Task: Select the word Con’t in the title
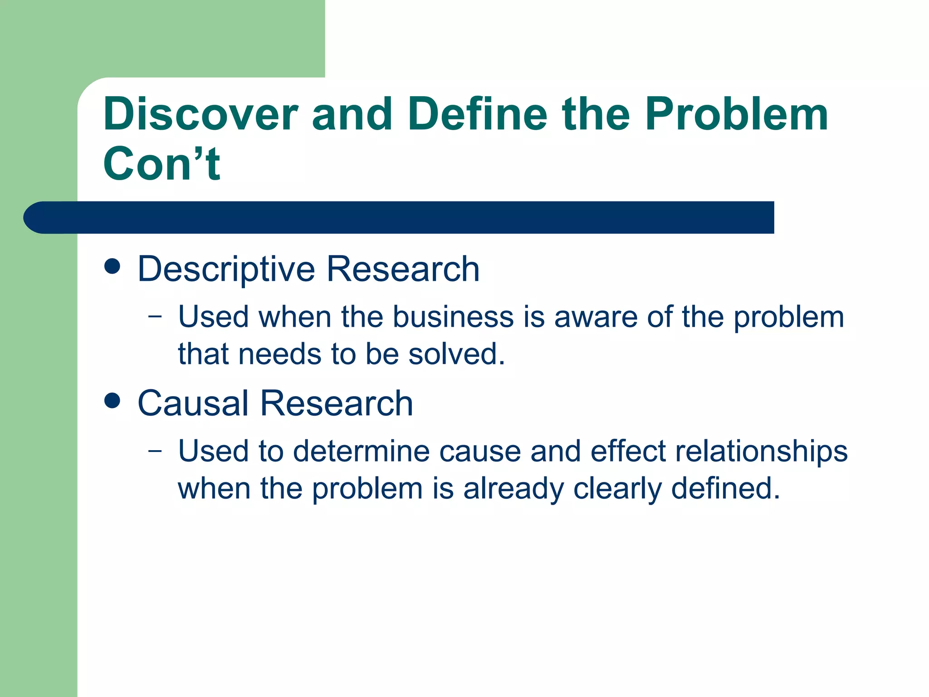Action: click(x=161, y=164)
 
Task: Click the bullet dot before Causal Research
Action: click(x=112, y=401)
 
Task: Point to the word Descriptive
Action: click(x=226, y=270)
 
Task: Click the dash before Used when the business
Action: click(x=155, y=317)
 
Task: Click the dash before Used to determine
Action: click(x=155, y=452)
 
